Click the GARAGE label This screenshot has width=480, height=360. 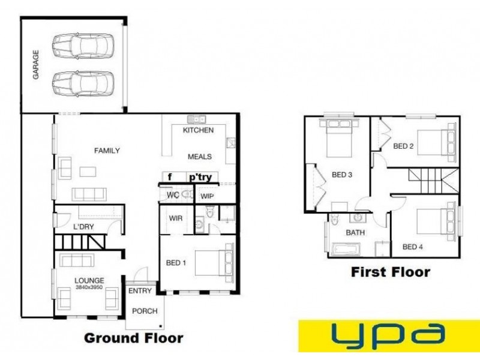(x=36, y=65)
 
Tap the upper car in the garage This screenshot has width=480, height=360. (x=82, y=44)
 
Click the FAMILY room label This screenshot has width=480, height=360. (x=107, y=151)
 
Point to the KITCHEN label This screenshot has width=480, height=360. (x=198, y=130)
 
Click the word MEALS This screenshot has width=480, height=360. (x=200, y=157)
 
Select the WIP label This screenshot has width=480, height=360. (x=208, y=196)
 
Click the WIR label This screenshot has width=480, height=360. (x=176, y=218)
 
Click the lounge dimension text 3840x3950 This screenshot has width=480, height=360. (x=89, y=287)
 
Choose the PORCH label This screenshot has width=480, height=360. (x=145, y=311)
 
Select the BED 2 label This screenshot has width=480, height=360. (x=404, y=146)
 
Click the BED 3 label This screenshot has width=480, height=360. (x=341, y=175)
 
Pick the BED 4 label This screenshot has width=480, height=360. (x=413, y=247)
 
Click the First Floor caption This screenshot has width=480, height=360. (x=390, y=272)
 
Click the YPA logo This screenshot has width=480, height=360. (x=388, y=335)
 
